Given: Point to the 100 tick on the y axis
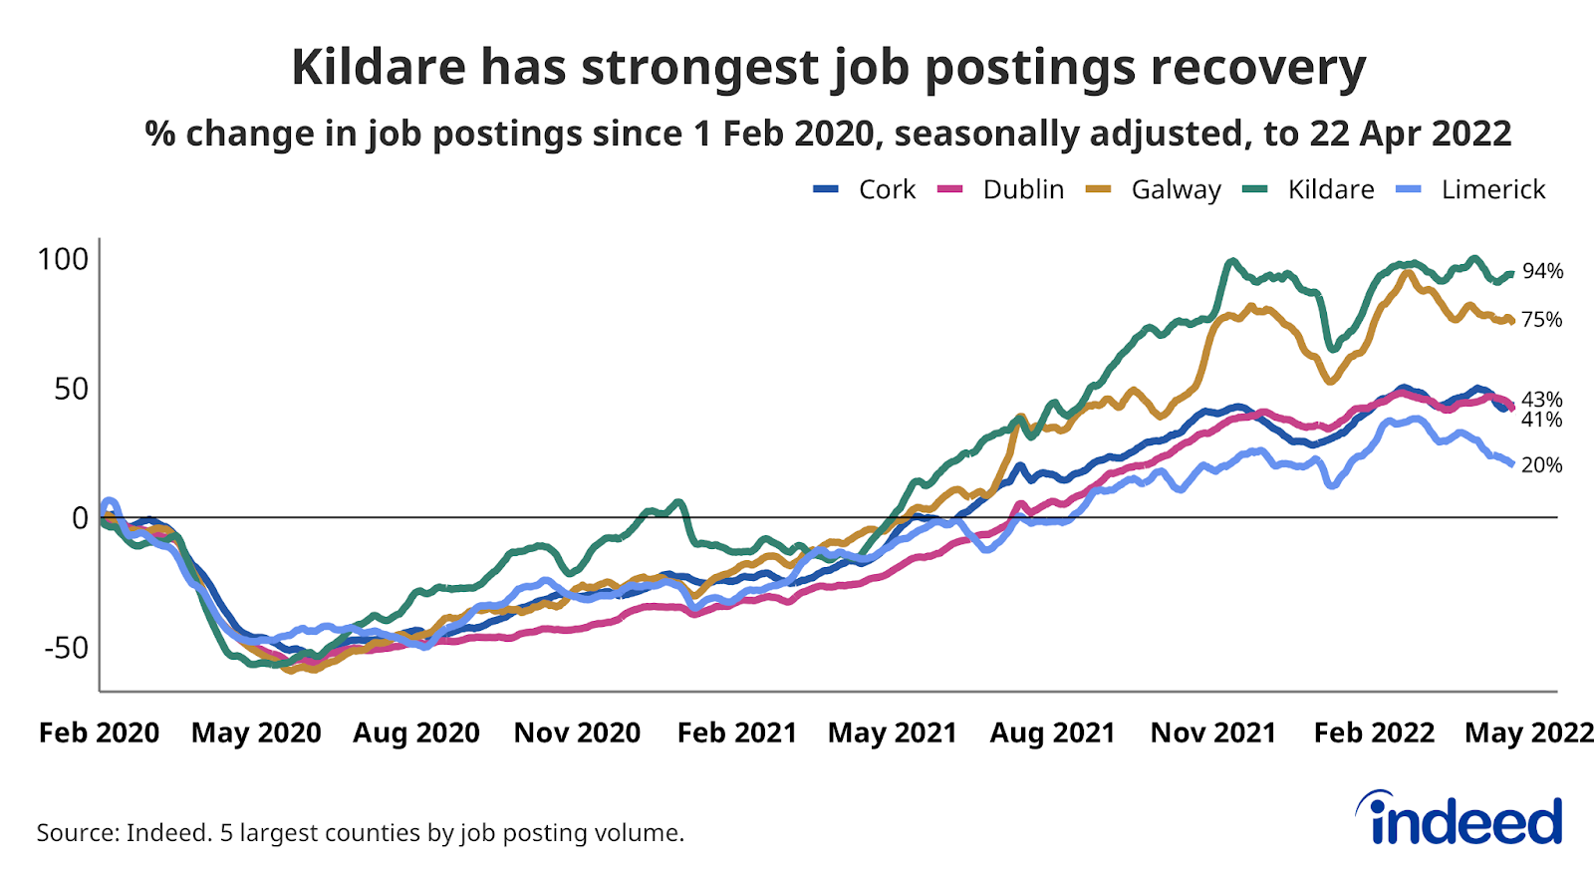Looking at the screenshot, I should [63, 259].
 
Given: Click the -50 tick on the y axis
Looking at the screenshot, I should [66, 648].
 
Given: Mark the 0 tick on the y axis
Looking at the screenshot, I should [80, 518].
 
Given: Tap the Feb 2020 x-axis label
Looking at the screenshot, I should [99, 733].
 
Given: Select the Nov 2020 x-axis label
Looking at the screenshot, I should [577, 733].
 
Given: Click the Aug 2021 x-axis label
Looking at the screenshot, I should [1052, 733].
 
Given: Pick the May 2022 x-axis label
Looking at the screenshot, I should [1529, 733].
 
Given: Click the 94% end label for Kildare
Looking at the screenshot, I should [1542, 271].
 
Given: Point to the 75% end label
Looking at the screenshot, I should [1541, 320].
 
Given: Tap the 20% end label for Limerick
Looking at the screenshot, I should [1541, 465].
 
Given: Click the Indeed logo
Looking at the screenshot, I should [1460, 820].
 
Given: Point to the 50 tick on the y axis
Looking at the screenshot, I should [72, 389].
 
